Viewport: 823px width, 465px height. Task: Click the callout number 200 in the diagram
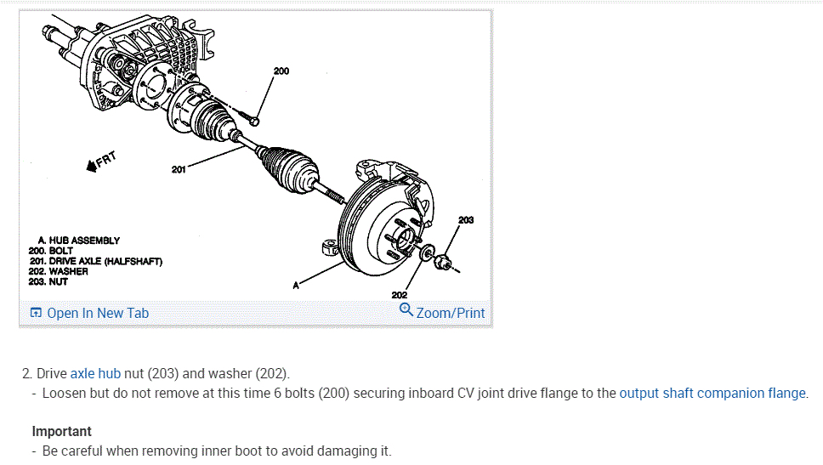(x=281, y=71)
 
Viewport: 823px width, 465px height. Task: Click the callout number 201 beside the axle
(x=179, y=169)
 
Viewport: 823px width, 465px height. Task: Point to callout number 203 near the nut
(x=465, y=220)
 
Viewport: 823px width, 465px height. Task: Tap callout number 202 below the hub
(x=400, y=295)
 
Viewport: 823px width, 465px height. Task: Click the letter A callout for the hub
(x=296, y=286)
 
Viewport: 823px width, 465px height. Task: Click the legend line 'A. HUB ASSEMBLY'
(x=79, y=241)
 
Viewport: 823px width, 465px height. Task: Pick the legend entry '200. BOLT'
(x=51, y=251)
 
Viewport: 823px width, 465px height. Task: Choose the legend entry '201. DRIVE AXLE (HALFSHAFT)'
(x=94, y=261)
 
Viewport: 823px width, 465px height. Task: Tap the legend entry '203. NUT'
(x=48, y=281)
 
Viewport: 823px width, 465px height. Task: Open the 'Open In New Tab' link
(x=97, y=313)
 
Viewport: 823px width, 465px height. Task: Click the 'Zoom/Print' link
(x=450, y=313)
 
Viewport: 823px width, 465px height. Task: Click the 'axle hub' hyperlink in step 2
(x=95, y=373)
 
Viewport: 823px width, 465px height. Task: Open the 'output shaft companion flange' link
(x=712, y=393)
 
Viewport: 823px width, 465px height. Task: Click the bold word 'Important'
(x=61, y=432)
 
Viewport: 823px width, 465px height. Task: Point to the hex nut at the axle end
(x=441, y=263)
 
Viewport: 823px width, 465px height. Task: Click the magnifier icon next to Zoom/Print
(x=406, y=310)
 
